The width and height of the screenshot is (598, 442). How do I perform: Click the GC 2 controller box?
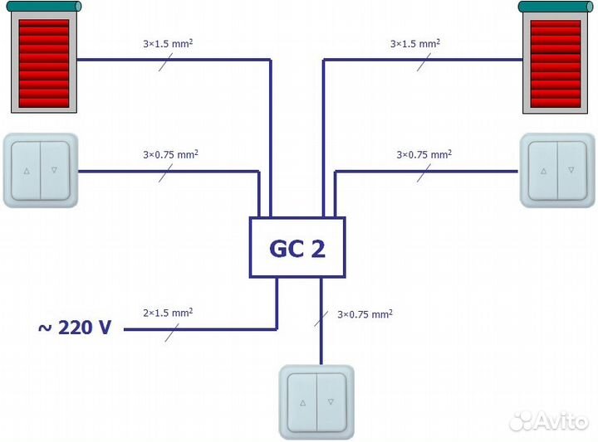pyautogui.click(x=297, y=247)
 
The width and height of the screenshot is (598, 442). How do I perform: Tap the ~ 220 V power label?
pyautogui.click(x=75, y=328)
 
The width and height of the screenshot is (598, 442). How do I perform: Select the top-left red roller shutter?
pyautogui.click(x=44, y=61)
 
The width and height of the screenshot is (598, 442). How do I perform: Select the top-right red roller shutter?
pyautogui.click(x=554, y=61)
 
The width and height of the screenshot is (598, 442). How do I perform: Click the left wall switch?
pyautogui.click(x=41, y=170)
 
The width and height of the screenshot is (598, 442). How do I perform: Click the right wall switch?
pyautogui.click(x=557, y=170)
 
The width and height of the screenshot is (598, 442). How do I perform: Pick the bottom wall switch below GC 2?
pyautogui.click(x=316, y=401)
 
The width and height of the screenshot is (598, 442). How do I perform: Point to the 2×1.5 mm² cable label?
pyautogui.click(x=168, y=313)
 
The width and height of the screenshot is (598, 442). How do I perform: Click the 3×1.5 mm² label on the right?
pyautogui.click(x=415, y=41)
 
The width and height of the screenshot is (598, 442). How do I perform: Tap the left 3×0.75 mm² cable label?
pyautogui.click(x=170, y=154)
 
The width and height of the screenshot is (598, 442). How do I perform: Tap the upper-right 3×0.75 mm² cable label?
pyautogui.click(x=424, y=154)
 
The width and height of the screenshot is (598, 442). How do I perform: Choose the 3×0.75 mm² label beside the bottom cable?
pyautogui.click(x=365, y=314)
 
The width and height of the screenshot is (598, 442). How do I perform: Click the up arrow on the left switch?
pyautogui.click(x=27, y=171)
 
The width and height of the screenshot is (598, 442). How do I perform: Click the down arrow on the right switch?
pyautogui.click(x=571, y=170)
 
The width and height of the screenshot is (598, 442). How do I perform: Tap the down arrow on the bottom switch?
pyautogui.click(x=331, y=401)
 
